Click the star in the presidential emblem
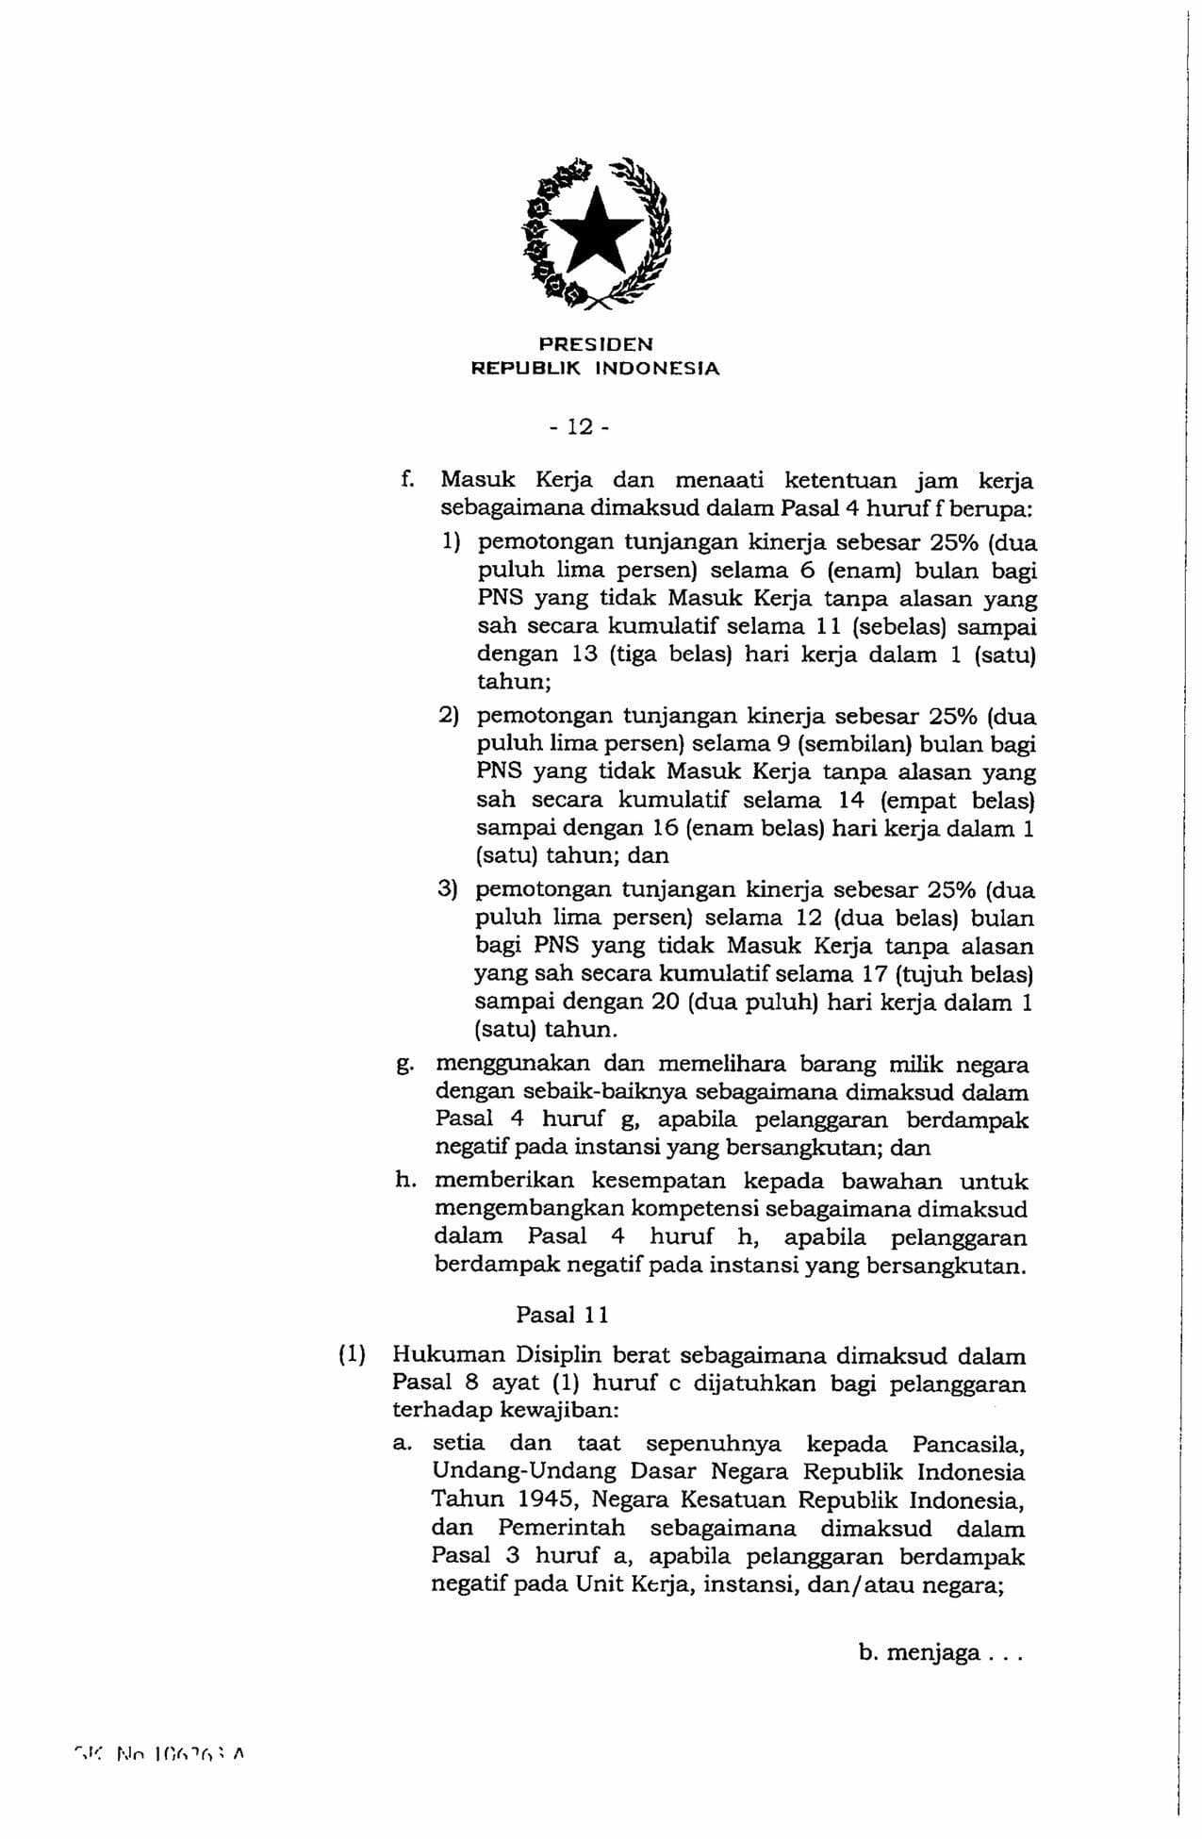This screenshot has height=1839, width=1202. [597, 229]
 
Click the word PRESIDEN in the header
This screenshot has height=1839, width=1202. [595, 345]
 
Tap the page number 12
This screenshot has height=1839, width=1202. [581, 427]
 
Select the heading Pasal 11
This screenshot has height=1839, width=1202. [563, 1315]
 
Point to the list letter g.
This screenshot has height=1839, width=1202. [403, 1066]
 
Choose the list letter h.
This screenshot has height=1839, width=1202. [404, 1181]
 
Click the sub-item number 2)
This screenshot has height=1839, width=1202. [449, 716]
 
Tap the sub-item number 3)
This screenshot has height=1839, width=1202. [448, 889]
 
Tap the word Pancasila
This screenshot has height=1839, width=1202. [968, 1444]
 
